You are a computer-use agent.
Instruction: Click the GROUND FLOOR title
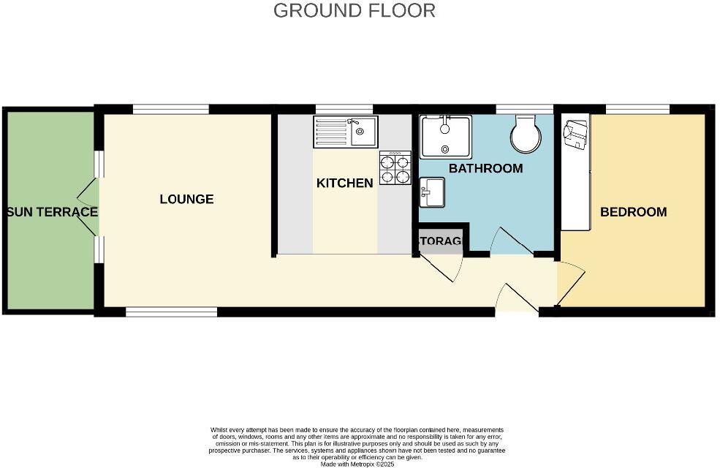pyautogui.click(x=355, y=10)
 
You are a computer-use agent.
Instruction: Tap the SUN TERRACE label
pyautogui.click(x=51, y=212)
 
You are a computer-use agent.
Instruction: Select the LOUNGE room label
pyautogui.click(x=186, y=199)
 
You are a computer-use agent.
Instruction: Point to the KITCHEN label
pyautogui.click(x=344, y=183)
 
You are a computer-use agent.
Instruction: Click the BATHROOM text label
pyautogui.click(x=485, y=168)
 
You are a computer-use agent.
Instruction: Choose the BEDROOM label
pyautogui.click(x=633, y=212)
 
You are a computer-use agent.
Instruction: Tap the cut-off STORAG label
pyautogui.click(x=440, y=241)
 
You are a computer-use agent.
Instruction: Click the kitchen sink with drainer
pyautogui.click(x=345, y=132)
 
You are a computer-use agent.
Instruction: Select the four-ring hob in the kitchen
pyautogui.click(x=395, y=169)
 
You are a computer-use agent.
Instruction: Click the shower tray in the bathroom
pyautogui.click(x=446, y=136)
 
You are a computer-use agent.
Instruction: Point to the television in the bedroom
pyautogui.click(x=575, y=135)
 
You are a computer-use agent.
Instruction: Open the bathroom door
pyautogui.click(x=512, y=241)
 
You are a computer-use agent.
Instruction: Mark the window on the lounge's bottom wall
pyautogui.click(x=172, y=312)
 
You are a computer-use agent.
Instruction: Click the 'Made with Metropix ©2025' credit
pyautogui.click(x=357, y=463)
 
